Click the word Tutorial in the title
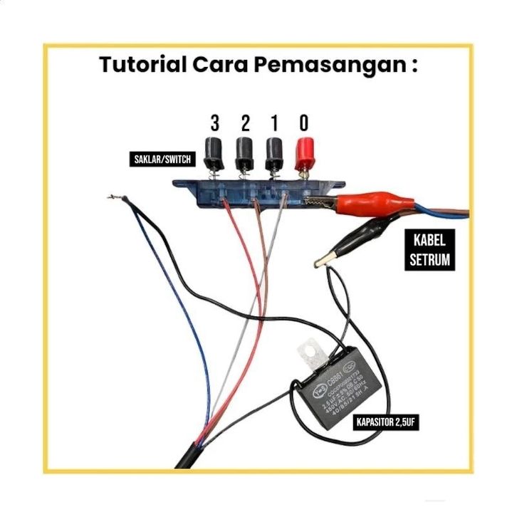tap(142, 65)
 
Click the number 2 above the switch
tap(245, 122)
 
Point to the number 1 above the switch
tap(274, 122)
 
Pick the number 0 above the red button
tap(303, 122)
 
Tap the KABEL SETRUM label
tap(429, 249)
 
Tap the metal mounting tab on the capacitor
tap(309, 353)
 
